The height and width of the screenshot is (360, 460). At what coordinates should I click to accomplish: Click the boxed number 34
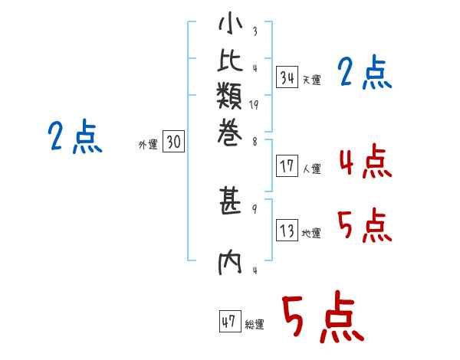[287, 77]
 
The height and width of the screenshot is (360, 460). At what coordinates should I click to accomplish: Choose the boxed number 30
[174, 142]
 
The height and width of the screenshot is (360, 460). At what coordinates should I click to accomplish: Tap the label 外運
[148, 145]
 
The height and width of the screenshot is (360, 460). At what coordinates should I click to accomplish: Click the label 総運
[255, 326]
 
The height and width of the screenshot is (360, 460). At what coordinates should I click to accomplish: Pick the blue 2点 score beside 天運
[365, 74]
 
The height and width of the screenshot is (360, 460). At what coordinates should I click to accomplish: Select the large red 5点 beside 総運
[322, 319]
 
